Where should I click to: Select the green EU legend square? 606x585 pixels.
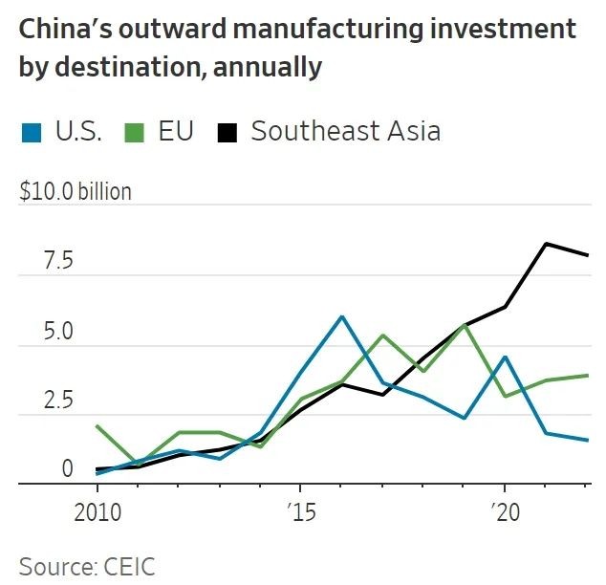tap(136, 132)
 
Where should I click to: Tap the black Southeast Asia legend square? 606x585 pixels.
tap(228, 132)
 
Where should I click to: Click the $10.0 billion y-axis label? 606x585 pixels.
tap(76, 191)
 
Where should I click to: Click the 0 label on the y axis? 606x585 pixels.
tap(40, 469)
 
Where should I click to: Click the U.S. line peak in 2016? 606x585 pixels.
tap(341, 316)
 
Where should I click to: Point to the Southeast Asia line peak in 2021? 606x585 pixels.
tap(545, 243)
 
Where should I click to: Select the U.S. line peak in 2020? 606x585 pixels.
tap(505, 357)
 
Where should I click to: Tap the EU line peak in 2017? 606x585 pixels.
tap(382, 336)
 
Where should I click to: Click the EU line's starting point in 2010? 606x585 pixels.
tap(97, 426)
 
